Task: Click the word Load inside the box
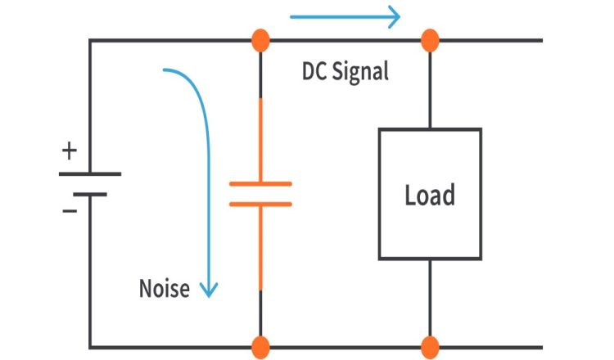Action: pyautogui.click(x=430, y=196)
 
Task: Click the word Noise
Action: pyautogui.click(x=164, y=288)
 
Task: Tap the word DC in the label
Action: pyautogui.click(x=316, y=71)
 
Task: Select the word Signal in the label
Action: pyautogui.click(x=361, y=71)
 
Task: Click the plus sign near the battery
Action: pyautogui.click(x=70, y=151)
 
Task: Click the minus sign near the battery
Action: pyautogui.click(x=70, y=210)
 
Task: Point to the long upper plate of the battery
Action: pyautogui.click(x=90, y=173)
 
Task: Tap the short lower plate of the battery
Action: pyautogui.click(x=90, y=194)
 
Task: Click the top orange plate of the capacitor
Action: pyautogui.click(x=260, y=184)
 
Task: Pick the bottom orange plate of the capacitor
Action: pyautogui.click(x=260, y=204)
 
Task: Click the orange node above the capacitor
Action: pyautogui.click(x=260, y=39)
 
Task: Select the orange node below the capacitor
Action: pyautogui.click(x=260, y=346)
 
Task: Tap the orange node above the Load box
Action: pyautogui.click(x=430, y=39)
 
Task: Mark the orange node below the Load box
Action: pyautogui.click(x=430, y=346)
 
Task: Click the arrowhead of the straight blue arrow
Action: pyautogui.click(x=393, y=16)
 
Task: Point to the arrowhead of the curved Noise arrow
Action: pyautogui.click(x=210, y=290)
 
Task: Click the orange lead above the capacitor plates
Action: pyautogui.click(x=260, y=139)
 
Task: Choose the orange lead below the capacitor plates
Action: pyautogui.click(x=260, y=250)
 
